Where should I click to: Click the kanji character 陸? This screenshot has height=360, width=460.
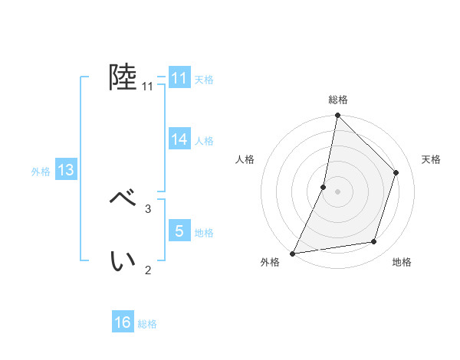123,77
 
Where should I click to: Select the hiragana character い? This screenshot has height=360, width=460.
123,261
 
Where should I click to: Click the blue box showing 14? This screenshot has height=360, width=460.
179,139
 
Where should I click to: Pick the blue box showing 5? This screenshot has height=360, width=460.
179,231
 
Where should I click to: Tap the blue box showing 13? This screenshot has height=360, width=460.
66,171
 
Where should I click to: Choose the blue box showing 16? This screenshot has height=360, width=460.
123,322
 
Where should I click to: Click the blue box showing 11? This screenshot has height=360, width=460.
179,78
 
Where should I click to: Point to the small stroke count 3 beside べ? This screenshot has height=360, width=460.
148,208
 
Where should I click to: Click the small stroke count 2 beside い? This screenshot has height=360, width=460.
148,270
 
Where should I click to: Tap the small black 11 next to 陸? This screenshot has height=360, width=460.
148,87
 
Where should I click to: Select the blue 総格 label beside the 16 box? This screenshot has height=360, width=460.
147,324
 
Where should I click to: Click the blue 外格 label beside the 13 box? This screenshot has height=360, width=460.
41,172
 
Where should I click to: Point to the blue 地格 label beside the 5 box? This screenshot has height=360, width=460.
204,233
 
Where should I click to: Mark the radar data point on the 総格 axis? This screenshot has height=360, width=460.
337,116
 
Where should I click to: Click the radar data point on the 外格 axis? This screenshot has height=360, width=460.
293,253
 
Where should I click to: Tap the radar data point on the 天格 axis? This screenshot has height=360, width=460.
396,172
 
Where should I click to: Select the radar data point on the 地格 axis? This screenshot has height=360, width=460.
374,242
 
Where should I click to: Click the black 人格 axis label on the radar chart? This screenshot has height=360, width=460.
245,159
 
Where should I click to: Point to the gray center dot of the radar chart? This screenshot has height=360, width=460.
337,191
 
